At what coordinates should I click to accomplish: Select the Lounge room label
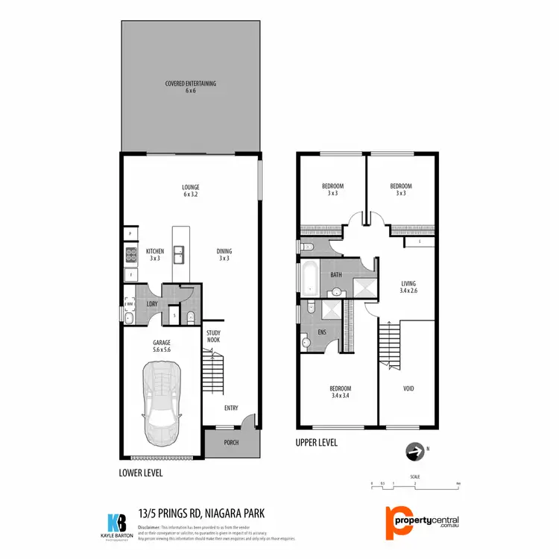[x=191, y=190]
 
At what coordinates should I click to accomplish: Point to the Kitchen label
[x=155, y=254]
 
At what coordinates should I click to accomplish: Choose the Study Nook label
[x=213, y=336]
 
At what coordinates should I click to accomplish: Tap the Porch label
[x=231, y=444]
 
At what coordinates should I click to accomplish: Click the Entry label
[x=231, y=408]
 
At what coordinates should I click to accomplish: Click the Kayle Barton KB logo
[x=116, y=521]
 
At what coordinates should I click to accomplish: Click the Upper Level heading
[x=317, y=443]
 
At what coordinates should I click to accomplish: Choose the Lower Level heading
[x=141, y=473]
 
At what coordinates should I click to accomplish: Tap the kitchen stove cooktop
[x=130, y=255]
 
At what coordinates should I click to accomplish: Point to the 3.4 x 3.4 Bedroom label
[x=341, y=392]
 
